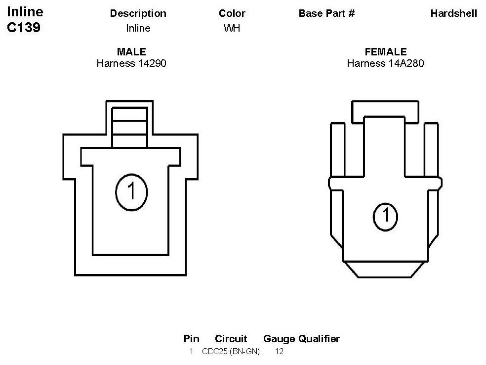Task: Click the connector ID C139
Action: point(24,27)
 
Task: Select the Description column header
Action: point(138,13)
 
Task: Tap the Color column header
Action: point(232,13)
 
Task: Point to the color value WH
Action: point(232,28)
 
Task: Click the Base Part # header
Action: point(326,13)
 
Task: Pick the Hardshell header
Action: point(454,13)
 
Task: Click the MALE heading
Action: point(131,51)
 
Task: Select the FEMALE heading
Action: point(386,51)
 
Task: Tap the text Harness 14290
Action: point(131,63)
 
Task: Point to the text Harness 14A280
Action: point(385,63)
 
